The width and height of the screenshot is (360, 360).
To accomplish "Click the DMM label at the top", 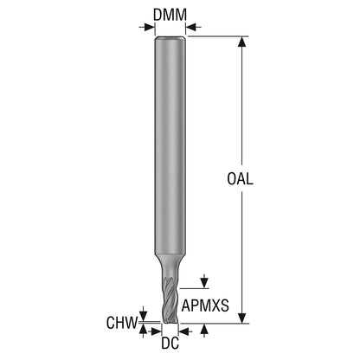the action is [170, 15].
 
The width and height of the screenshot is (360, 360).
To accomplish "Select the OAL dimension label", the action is [240, 179].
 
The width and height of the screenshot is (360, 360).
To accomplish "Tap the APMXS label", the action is [205, 305].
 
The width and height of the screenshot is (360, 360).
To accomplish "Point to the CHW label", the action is [121, 323].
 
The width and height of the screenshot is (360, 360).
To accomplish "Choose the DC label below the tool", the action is [170, 343].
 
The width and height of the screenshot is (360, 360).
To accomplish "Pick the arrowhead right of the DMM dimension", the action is [193, 28].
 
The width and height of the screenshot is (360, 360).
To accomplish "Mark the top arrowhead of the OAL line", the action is [242, 42].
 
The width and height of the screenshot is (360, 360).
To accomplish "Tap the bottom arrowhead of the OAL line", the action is [242, 318].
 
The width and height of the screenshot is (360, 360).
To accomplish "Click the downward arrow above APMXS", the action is [204, 281].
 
